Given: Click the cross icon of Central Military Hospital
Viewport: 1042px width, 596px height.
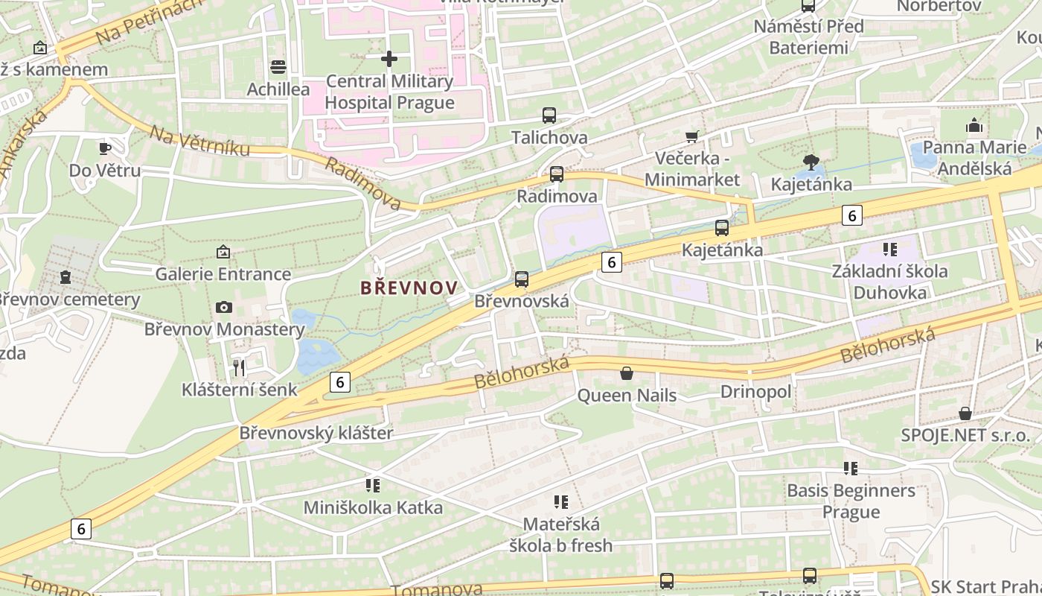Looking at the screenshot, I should pyautogui.click(x=389, y=59).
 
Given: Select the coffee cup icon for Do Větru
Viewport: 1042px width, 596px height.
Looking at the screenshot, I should pyautogui.click(x=105, y=148).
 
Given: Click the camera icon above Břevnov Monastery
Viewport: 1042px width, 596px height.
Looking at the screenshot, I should pyautogui.click(x=223, y=307).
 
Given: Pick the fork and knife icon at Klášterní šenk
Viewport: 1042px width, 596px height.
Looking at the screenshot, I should pyautogui.click(x=239, y=367).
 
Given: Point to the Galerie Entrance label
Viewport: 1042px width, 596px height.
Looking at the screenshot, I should pyautogui.click(x=223, y=274).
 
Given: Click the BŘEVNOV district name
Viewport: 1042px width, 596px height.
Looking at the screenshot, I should pyautogui.click(x=408, y=288).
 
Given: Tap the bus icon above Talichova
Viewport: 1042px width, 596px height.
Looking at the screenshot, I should pyautogui.click(x=549, y=115).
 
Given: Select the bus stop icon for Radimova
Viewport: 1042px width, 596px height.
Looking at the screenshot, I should pyautogui.click(x=557, y=174).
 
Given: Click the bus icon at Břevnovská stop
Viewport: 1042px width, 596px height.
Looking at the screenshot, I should pyautogui.click(x=522, y=279).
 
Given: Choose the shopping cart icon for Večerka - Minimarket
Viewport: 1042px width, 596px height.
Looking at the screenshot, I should pyautogui.click(x=692, y=136).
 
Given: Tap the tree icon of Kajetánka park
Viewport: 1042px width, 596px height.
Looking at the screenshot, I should pyautogui.click(x=811, y=162).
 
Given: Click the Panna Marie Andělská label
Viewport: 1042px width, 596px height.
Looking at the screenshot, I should pyautogui.click(x=974, y=158).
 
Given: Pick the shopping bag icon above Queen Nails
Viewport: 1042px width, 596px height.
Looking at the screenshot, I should pyautogui.click(x=627, y=372).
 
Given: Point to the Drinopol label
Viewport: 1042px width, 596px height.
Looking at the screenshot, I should pyautogui.click(x=755, y=392).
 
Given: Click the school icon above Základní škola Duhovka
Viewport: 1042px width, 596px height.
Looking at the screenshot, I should pyautogui.click(x=889, y=249).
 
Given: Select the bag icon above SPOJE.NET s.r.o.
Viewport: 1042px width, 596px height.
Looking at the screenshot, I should pyautogui.click(x=965, y=413).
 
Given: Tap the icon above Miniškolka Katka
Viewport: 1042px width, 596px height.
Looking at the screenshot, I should pyautogui.click(x=373, y=486).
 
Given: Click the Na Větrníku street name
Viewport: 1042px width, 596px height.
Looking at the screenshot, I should pyautogui.click(x=199, y=142).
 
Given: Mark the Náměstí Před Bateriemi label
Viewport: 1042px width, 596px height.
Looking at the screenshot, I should pyautogui.click(x=808, y=37).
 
